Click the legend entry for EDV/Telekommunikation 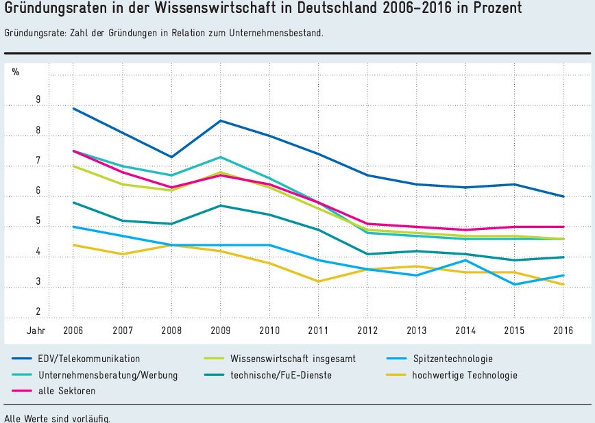coord(89,359)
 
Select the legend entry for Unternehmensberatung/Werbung coord(108,375)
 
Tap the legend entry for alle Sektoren coord(67,391)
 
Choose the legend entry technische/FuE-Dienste coord(282,375)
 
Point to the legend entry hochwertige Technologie coord(464,375)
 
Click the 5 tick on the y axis coord(38,221)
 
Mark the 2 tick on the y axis coord(38,311)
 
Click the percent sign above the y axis coord(16,71)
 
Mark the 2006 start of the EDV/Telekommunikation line coord(73,108)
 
